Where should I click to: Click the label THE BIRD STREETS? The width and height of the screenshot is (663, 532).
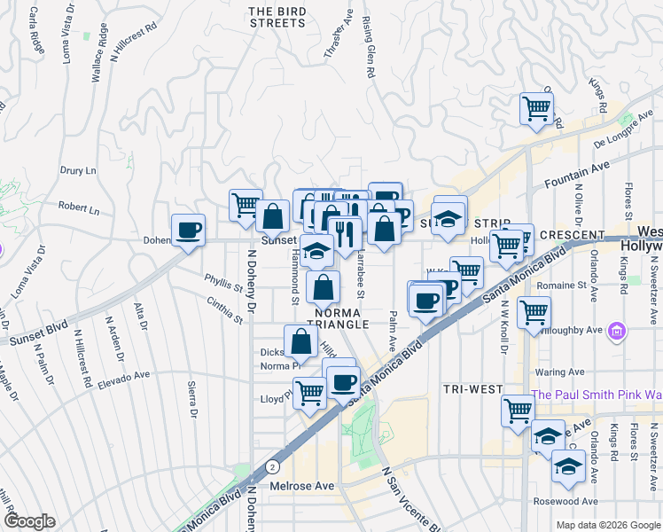277,17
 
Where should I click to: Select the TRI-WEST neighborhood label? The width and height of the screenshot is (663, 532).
473,389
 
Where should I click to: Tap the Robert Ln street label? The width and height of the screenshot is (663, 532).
79,209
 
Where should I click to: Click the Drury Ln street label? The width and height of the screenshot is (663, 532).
77,170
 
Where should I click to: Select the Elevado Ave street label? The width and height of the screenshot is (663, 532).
123,377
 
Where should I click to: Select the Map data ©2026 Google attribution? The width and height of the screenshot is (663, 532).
608,525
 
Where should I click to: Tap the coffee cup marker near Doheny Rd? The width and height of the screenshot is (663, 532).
188,230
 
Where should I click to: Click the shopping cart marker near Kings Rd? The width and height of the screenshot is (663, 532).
536,110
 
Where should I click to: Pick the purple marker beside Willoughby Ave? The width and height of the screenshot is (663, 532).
618,332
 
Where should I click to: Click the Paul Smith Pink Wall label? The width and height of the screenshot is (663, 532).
596,395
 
